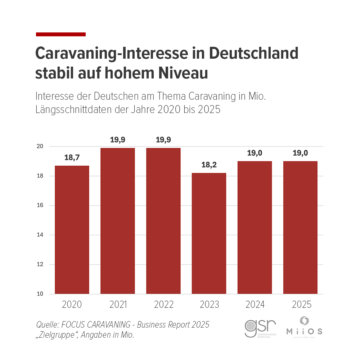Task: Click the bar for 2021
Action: point(117,221)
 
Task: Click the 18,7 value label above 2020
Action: point(72,158)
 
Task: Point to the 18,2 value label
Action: point(209,165)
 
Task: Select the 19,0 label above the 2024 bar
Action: point(255,153)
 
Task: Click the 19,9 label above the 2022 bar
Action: point(163,140)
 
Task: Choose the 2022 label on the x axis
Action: point(163,305)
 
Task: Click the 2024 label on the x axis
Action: point(255,305)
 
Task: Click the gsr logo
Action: point(260,328)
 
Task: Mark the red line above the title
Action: point(61,34)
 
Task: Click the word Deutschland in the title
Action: point(254,54)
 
